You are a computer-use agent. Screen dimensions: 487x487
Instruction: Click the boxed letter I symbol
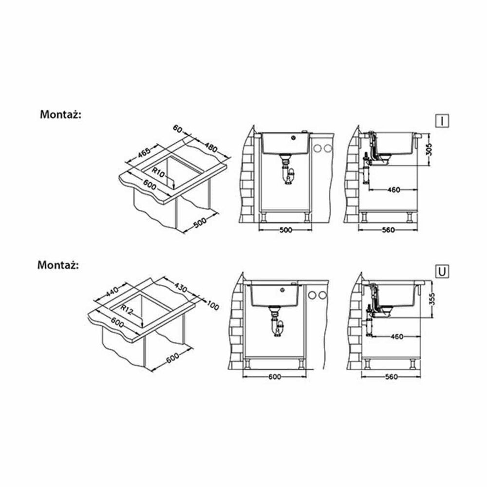tap(442, 120)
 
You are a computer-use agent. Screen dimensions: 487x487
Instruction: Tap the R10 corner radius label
tap(158, 172)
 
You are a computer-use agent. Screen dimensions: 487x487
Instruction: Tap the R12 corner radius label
tap(127, 309)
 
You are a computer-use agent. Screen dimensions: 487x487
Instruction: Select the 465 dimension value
tap(144, 152)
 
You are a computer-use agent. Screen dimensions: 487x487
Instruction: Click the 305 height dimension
tap(430, 150)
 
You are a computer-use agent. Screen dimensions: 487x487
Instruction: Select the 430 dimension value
tap(181, 288)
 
